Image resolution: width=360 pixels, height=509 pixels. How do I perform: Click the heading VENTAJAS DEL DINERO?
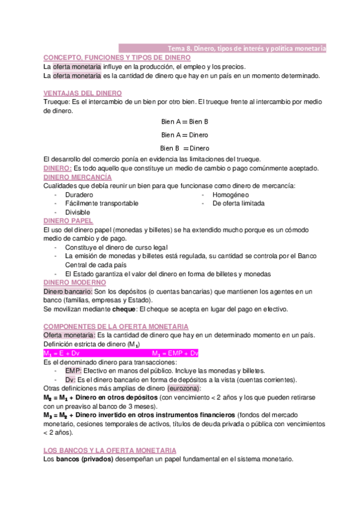pos(83,94)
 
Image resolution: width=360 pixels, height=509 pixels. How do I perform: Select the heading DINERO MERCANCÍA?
pos(77,178)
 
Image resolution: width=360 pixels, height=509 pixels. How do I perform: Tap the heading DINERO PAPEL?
pos(68,221)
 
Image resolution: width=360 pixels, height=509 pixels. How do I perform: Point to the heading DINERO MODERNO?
pos(75,282)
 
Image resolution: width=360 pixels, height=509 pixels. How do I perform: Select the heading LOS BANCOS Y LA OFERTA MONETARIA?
pos(110,450)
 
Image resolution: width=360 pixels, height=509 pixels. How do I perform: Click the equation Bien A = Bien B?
pos(184,121)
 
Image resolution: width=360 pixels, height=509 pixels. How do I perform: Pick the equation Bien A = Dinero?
pos(184,135)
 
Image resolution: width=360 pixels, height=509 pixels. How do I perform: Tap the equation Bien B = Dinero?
pos(184,148)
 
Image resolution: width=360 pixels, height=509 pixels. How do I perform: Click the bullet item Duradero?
pos(79,195)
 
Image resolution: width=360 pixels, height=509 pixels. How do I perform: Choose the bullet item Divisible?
pos(77,212)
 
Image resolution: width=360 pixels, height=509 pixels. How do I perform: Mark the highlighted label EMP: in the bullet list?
pos(73,371)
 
